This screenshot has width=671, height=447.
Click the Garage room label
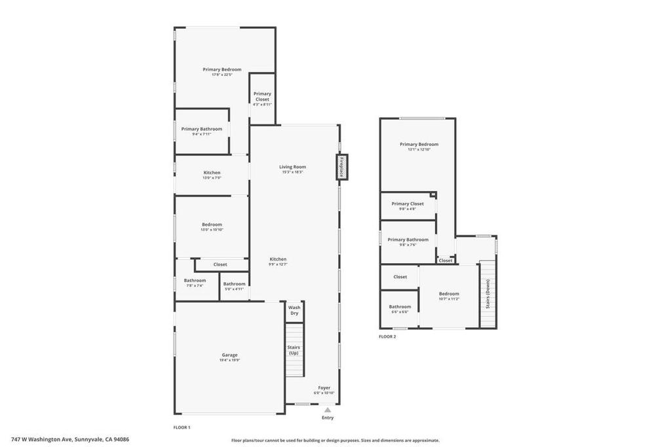pyautogui.click(x=229, y=355)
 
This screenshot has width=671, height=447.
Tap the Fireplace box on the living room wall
pyautogui.click(x=341, y=166)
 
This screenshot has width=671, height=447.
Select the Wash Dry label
pyautogui.click(x=294, y=310)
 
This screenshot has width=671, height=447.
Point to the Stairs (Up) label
pyautogui.click(x=294, y=350)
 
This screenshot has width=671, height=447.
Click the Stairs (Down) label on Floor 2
pyautogui.click(x=488, y=295)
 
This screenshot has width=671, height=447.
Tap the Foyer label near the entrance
pyautogui.click(x=324, y=387)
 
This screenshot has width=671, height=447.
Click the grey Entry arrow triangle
pyautogui.click(x=328, y=410)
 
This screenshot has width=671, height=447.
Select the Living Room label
pyautogui.click(x=293, y=167)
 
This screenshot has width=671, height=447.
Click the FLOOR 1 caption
pyautogui.click(x=182, y=427)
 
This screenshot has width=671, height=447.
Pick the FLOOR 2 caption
pyautogui.click(x=387, y=336)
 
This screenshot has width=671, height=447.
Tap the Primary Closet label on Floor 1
pyautogui.click(x=262, y=96)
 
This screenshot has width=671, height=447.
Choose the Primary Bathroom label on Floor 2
pyautogui.click(x=407, y=240)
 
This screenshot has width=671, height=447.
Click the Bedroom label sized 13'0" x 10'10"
pyautogui.click(x=212, y=224)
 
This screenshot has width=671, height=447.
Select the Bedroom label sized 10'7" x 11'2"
pyautogui.click(x=449, y=294)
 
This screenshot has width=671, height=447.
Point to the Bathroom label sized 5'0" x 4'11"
pyautogui.click(x=234, y=284)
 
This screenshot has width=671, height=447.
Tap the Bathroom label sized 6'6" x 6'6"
pyautogui.click(x=400, y=307)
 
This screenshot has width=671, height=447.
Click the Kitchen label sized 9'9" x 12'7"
pyautogui.click(x=277, y=259)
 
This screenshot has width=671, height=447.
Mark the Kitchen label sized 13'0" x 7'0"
pyautogui.click(x=212, y=173)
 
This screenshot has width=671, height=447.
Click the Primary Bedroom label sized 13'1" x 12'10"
pyautogui.click(x=419, y=144)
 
